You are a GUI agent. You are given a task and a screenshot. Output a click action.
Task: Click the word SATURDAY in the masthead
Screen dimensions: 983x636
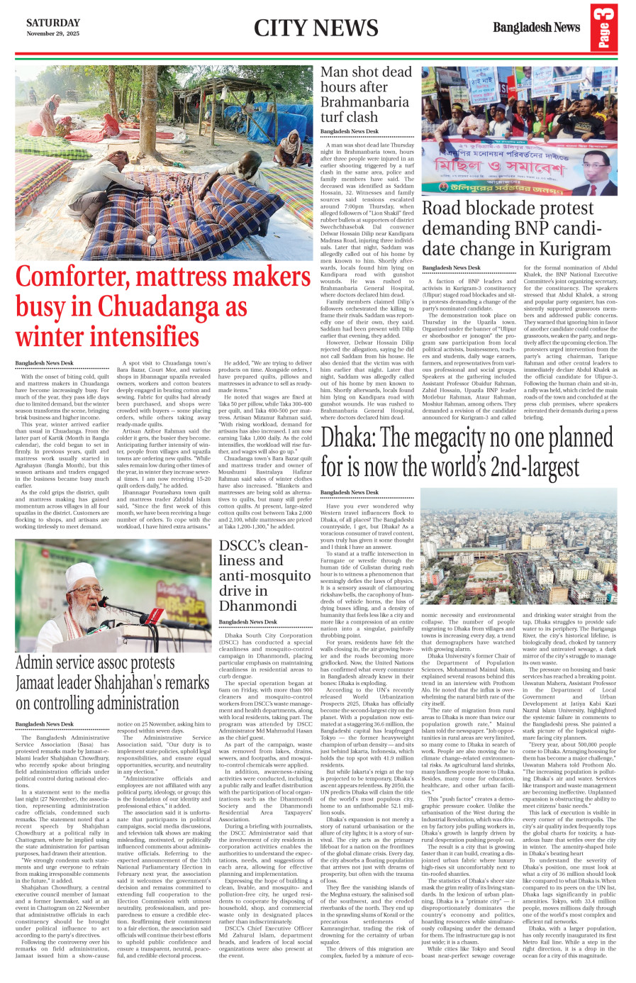(x=53, y=23)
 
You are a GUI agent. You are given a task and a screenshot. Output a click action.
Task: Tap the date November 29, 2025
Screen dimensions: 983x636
(x=53, y=34)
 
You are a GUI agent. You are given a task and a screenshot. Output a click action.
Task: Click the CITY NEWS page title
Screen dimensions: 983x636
(x=316, y=28)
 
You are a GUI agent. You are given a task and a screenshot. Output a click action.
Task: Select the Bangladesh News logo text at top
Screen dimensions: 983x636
(x=536, y=28)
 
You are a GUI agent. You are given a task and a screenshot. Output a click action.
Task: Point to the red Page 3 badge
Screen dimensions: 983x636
(x=603, y=27)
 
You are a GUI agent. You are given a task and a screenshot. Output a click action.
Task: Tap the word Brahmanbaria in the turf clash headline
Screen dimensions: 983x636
(x=364, y=101)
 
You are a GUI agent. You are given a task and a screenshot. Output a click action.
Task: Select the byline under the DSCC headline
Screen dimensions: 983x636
(x=247, y=622)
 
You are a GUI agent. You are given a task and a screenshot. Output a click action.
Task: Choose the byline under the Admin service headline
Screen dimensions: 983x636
(x=44, y=724)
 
